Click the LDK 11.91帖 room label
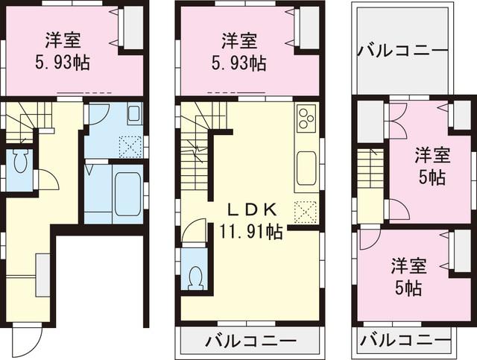251,221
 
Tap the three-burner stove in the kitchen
306,119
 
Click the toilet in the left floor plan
21,162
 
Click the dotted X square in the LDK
306,212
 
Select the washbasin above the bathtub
133,115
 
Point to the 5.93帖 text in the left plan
64,63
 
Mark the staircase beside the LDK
197,149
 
